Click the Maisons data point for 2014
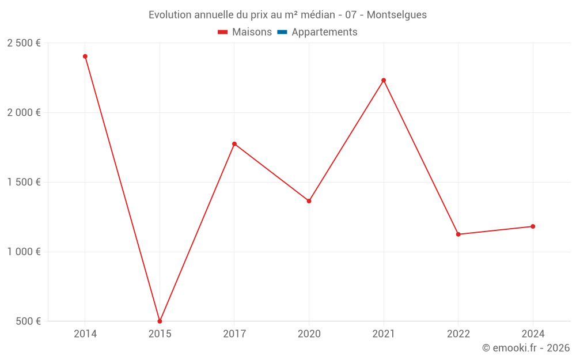click(x=85, y=56)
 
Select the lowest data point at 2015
click(x=160, y=321)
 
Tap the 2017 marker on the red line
click(x=234, y=144)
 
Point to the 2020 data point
click(x=309, y=201)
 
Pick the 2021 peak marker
click(x=384, y=80)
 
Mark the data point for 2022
click(x=458, y=234)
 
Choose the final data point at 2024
click(x=533, y=226)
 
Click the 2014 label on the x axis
click(x=85, y=334)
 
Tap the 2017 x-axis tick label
click(x=234, y=334)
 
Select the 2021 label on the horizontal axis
click(x=384, y=334)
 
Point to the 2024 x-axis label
click(x=533, y=334)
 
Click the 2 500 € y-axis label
click(x=24, y=43)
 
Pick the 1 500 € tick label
click(x=24, y=182)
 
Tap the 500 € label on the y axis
click(x=28, y=321)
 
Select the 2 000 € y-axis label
click(x=24, y=113)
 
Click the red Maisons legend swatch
click(x=223, y=32)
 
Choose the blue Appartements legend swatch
click(x=282, y=32)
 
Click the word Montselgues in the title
click(x=397, y=15)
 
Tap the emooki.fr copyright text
click(x=526, y=348)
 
